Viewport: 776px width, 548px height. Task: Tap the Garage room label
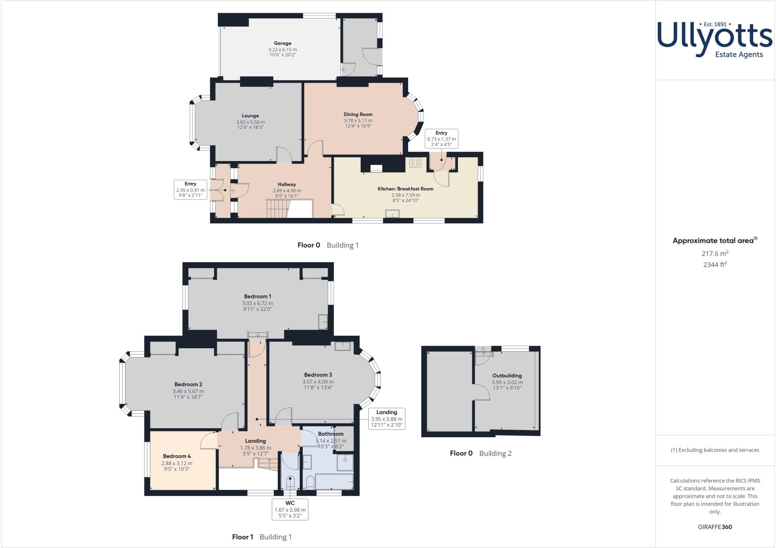(x=283, y=43)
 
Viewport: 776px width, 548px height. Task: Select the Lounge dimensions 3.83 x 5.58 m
(x=250, y=122)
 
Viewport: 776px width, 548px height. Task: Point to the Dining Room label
(x=358, y=114)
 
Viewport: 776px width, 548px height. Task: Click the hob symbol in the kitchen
(x=415, y=163)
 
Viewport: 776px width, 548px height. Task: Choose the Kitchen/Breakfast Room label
(x=405, y=189)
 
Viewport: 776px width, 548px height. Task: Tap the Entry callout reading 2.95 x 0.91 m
(x=190, y=190)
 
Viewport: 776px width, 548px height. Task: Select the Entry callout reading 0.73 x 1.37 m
(x=441, y=139)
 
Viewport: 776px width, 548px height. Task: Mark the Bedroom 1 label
(x=258, y=296)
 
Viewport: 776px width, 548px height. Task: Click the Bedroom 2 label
(x=188, y=384)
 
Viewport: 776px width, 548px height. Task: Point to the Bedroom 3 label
(x=318, y=375)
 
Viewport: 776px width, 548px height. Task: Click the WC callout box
(x=290, y=509)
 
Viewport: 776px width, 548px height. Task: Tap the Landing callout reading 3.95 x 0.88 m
(x=386, y=418)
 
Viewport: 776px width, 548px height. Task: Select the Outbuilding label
(x=507, y=376)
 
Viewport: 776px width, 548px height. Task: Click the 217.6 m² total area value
(x=715, y=254)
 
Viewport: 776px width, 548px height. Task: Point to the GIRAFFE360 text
(x=715, y=527)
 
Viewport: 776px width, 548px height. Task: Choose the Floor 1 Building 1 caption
(x=262, y=537)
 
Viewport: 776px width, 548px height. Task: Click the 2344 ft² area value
(x=715, y=265)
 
